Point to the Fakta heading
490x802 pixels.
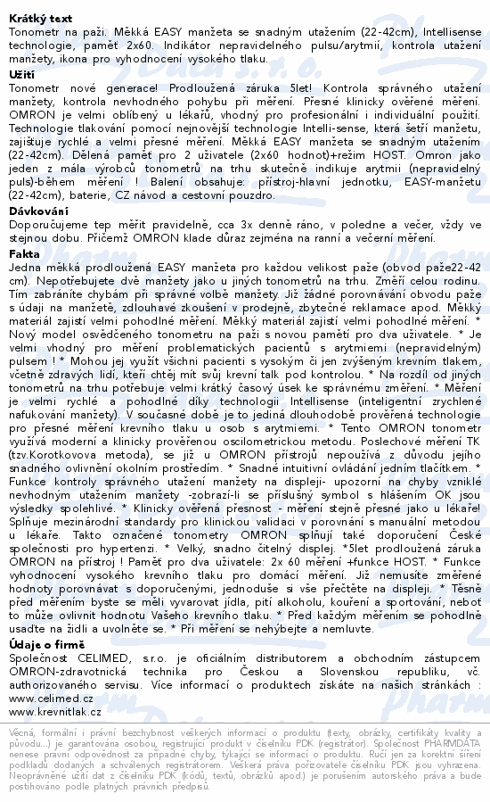click(x=23, y=253)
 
